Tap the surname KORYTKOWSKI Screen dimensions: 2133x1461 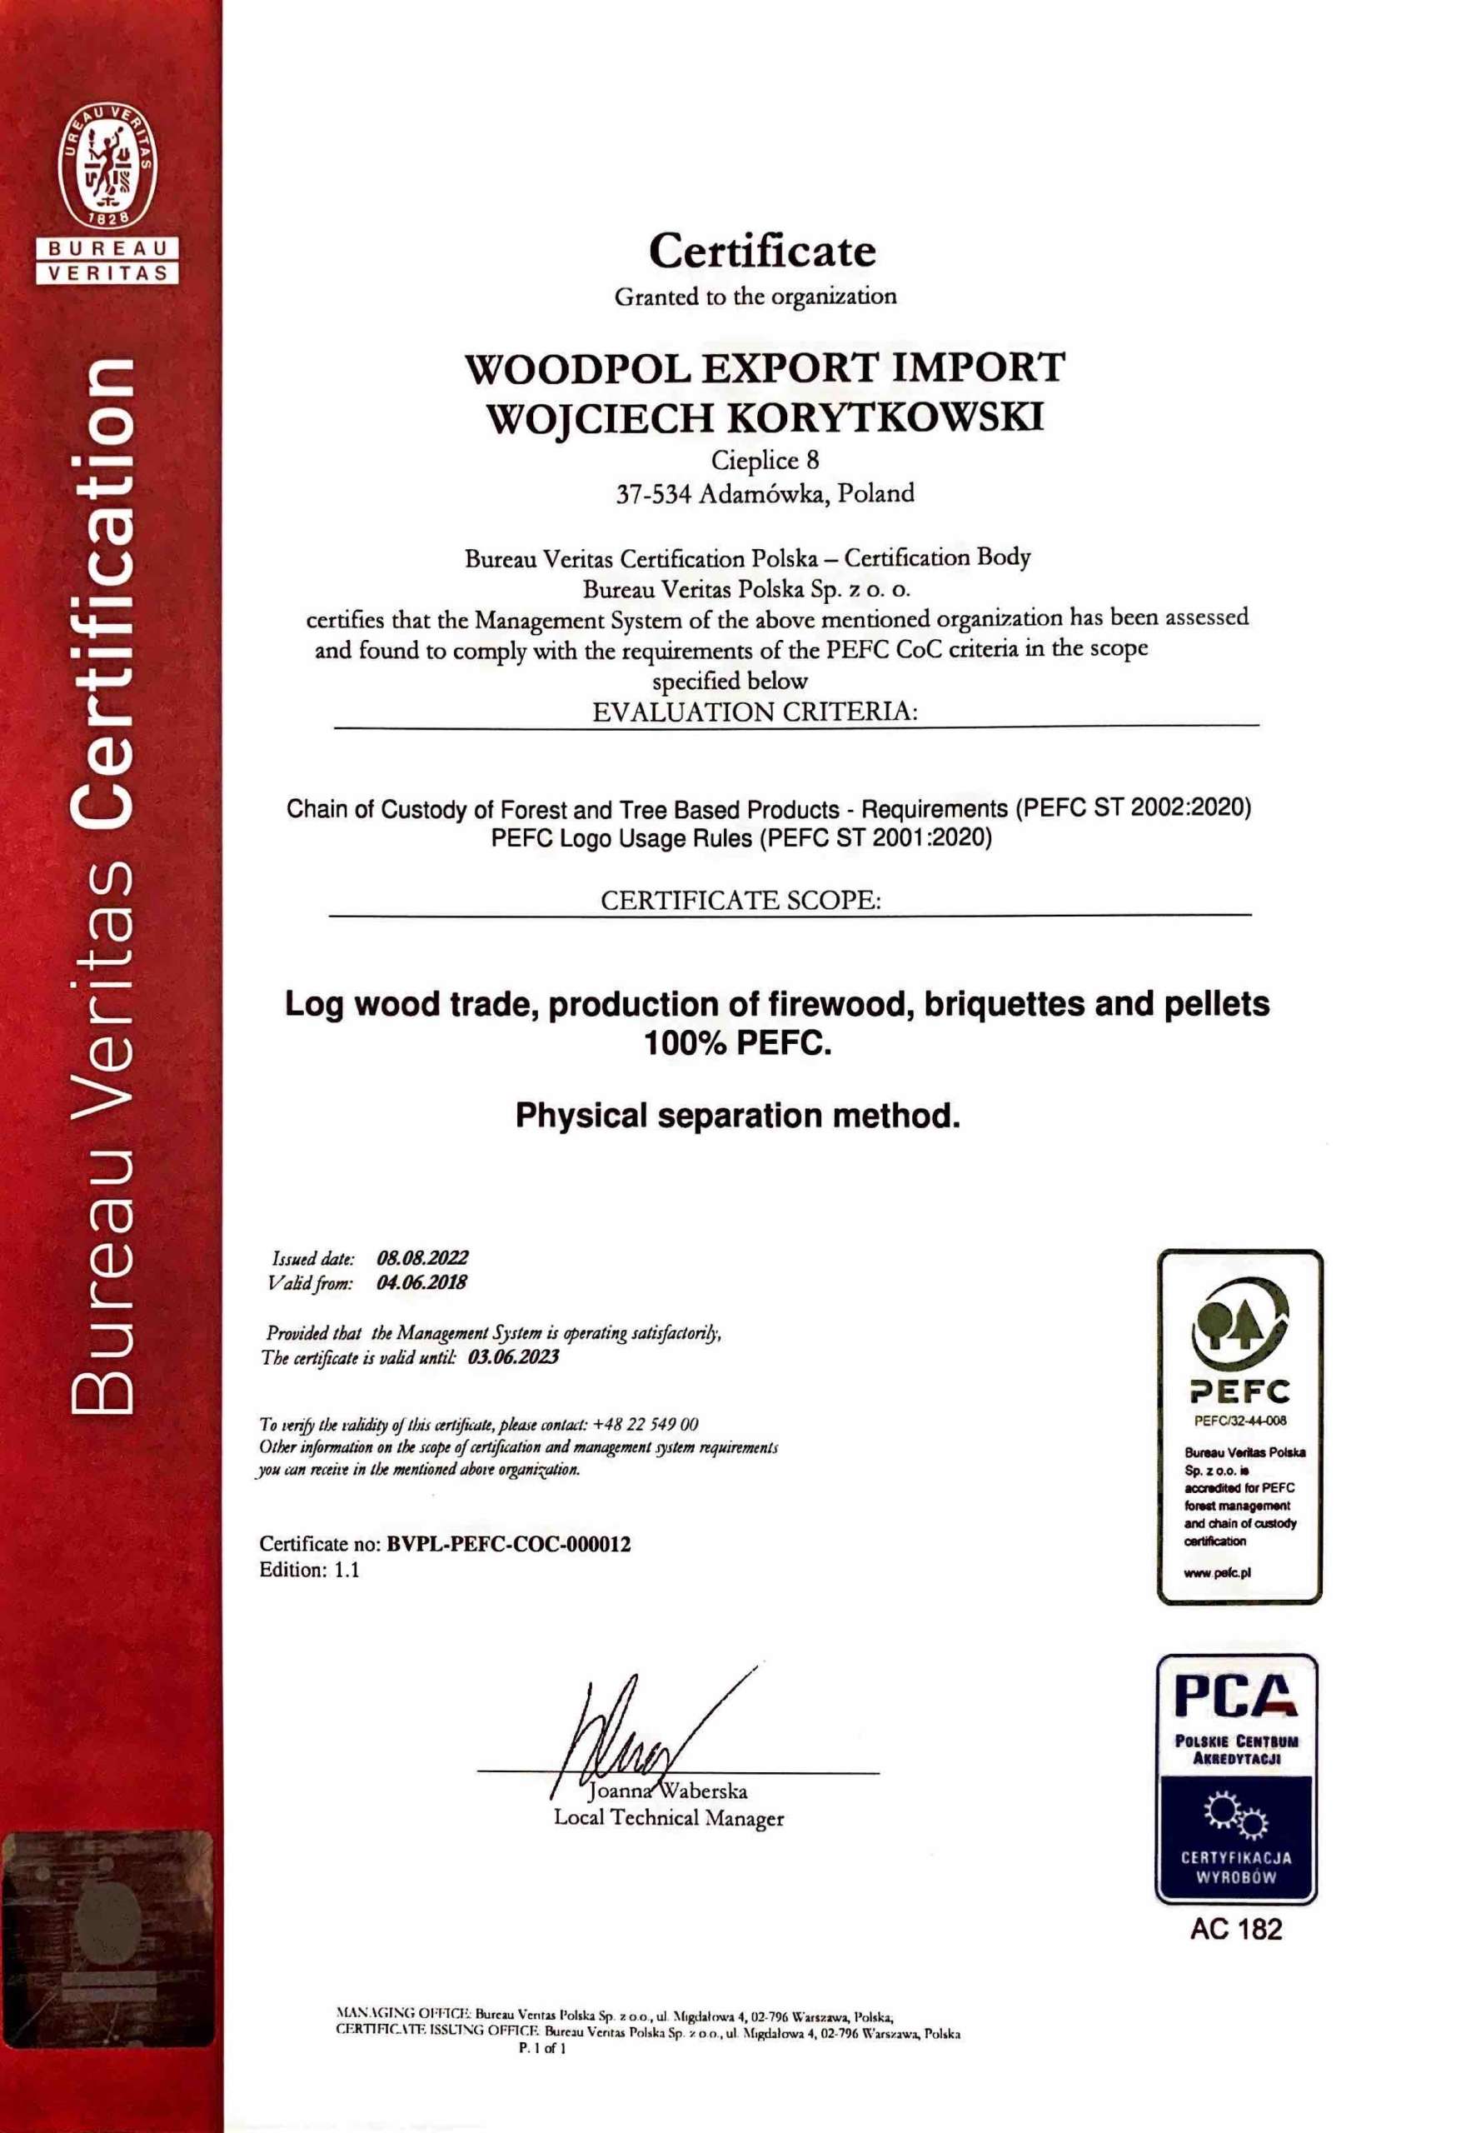click(x=881, y=417)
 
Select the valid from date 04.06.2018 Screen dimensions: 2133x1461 click(x=421, y=1282)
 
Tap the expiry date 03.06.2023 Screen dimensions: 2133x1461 click(x=513, y=1357)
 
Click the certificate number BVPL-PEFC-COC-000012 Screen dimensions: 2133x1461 click(x=509, y=1544)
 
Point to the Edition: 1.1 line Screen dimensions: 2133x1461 click(x=309, y=1570)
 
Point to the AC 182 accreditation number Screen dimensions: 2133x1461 click(x=1235, y=1929)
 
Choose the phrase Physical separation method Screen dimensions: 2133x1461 click(x=738, y=1116)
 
